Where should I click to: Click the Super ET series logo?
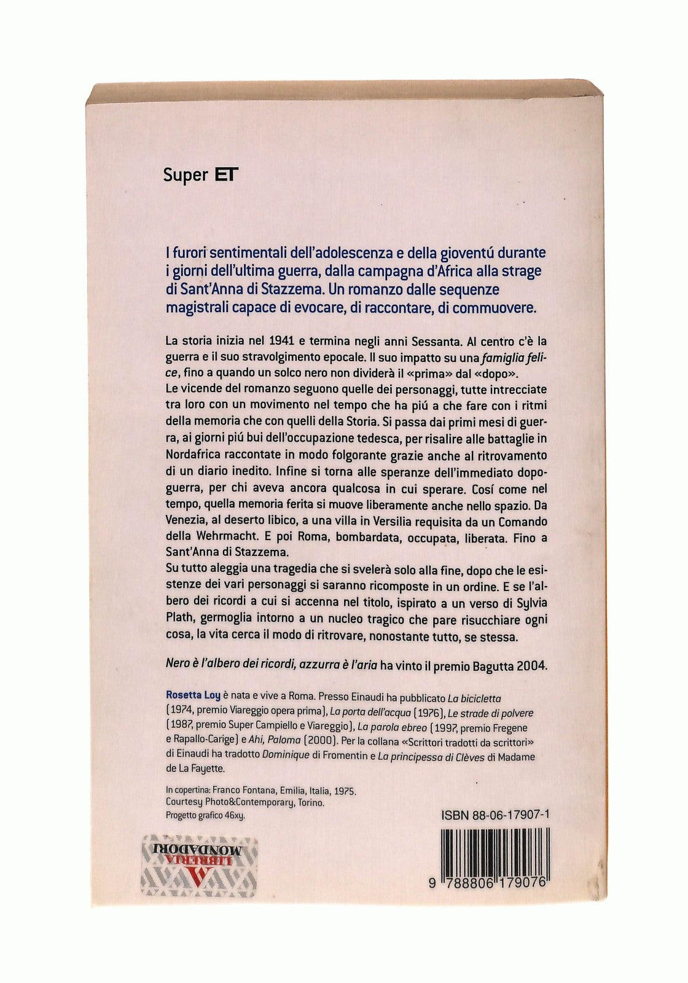(200, 175)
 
